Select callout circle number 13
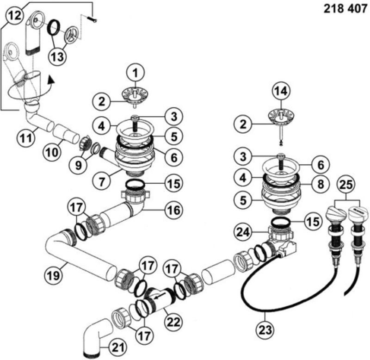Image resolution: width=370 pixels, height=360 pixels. click(x=58, y=57)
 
